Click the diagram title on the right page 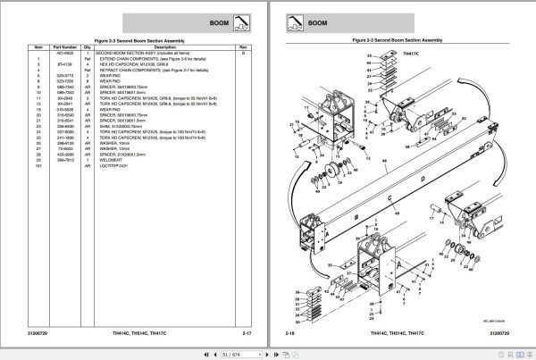pos(398,40)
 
